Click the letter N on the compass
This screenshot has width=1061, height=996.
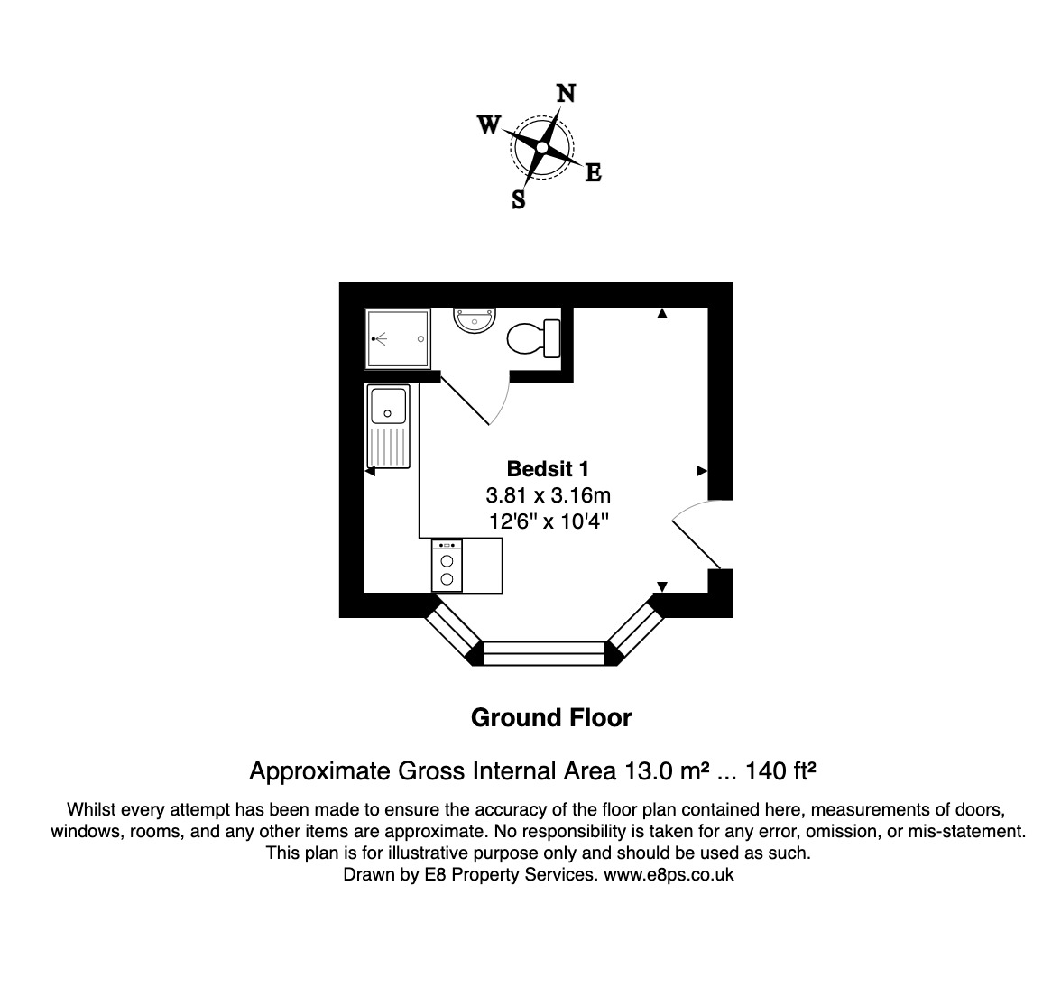point(566,94)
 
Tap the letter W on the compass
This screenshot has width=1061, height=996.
point(488,125)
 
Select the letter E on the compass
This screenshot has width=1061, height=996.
point(593,172)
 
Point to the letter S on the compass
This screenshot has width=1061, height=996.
point(519,199)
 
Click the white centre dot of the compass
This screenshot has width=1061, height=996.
point(542,147)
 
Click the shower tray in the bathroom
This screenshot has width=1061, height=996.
point(398,338)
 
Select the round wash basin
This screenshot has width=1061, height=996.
point(474,319)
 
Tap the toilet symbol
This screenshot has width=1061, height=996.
point(532,339)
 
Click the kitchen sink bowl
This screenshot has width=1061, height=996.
point(390,404)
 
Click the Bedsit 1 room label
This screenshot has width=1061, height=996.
point(548,469)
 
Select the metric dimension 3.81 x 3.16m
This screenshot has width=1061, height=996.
point(548,495)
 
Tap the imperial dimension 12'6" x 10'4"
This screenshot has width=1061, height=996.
point(548,521)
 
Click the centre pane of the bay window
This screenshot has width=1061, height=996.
point(545,653)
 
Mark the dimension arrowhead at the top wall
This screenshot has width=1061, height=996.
point(662,314)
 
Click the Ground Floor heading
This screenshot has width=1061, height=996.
point(551,718)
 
